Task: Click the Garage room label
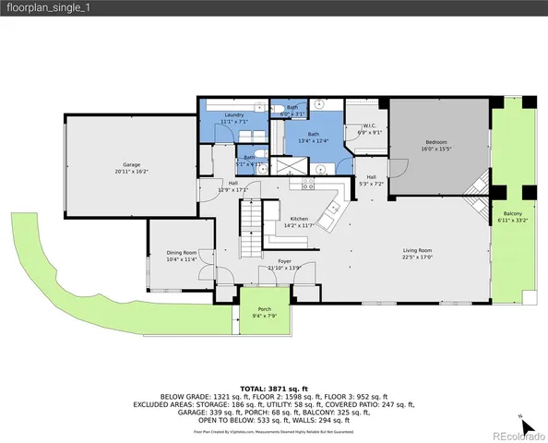point(132,164)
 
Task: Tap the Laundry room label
point(233,114)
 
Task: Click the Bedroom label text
point(438,142)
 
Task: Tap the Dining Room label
point(182,253)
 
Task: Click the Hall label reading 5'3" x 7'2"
point(371,184)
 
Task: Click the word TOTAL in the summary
point(254,389)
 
